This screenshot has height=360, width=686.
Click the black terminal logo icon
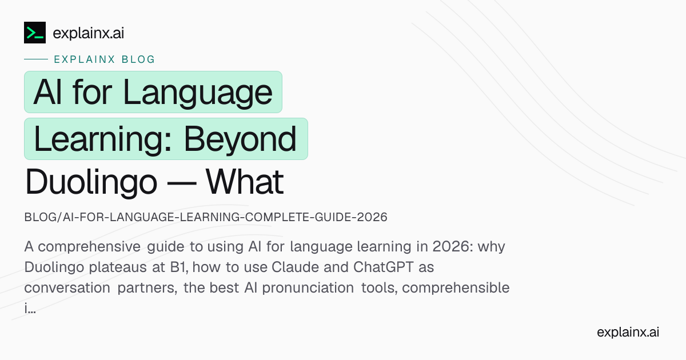pos(35,33)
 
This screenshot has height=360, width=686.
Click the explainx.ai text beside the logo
pos(88,33)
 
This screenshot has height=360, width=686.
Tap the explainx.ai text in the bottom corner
pos(628,332)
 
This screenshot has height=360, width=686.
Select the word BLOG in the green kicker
pos(138,59)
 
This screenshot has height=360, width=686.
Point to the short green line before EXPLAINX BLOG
pos(36,59)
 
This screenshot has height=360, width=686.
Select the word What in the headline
pos(245,182)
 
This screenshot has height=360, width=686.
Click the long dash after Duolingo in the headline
pos(181,183)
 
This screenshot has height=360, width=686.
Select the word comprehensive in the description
pos(89,247)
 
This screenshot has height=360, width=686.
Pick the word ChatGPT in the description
pos(384,267)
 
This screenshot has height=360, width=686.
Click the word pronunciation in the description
pos(308,288)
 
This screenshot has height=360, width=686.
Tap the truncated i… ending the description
pos(30,308)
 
